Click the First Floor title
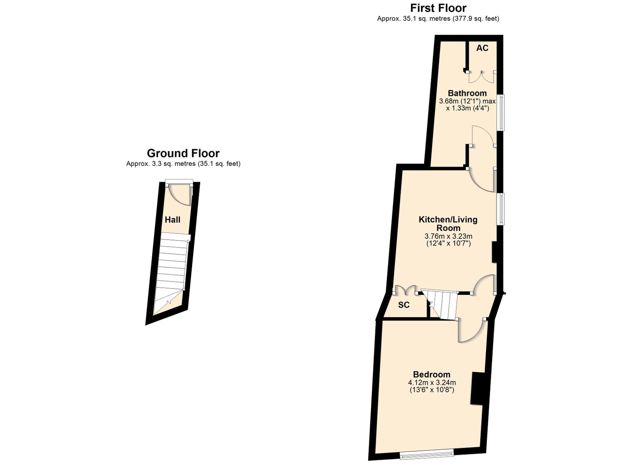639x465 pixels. [x=438, y=8]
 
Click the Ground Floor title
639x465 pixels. [x=183, y=153]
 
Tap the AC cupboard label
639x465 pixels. [x=482, y=48]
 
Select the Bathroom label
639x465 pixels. [x=467, y=93]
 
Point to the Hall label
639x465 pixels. [x=173, y=220]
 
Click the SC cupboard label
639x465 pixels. [x=404, y=305]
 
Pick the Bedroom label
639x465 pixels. [x=432, y=374]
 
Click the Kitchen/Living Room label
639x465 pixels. [x=448, y=224]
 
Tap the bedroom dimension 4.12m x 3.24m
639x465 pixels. [x=432, y=383]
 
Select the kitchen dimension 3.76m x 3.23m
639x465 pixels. [x=448, y=236]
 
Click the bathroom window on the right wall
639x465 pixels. [x=501, y=112]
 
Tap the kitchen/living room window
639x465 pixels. [x=501, y=209]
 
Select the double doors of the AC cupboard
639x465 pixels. [x=482, y=77]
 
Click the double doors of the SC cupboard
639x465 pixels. [x=405, y=290]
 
